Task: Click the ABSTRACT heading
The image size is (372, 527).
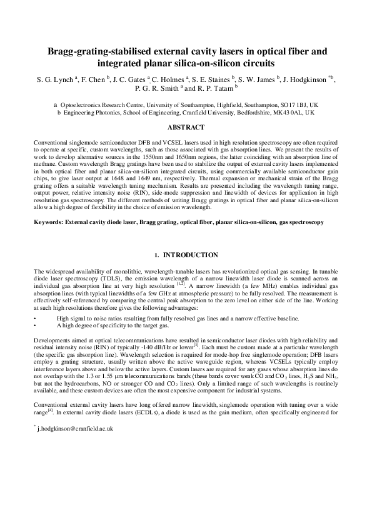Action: pyautogui.click(x=186, y=127)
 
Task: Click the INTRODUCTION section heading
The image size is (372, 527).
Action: pyautogui.click(x=186, y=255)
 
